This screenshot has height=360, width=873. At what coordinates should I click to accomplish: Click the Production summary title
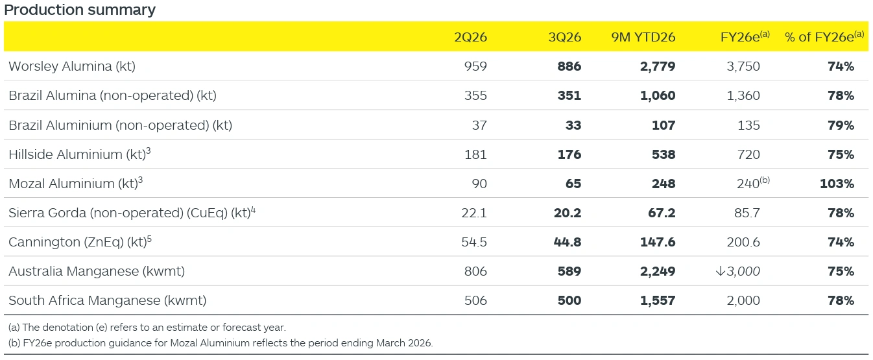[80, 10]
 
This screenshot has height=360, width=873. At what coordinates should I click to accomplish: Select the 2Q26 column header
[470, 37]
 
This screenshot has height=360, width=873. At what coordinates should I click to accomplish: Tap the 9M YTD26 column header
[643, 37]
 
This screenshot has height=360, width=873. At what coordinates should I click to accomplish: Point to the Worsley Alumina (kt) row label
[72, 66]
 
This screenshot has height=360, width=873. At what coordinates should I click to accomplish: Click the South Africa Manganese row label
[107, 300]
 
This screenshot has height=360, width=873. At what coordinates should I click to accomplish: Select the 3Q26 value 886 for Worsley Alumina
[569, 66]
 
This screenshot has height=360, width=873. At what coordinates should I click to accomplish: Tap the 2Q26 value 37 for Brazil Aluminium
[479, 125]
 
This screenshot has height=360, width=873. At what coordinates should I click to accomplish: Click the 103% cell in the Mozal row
[837, 184]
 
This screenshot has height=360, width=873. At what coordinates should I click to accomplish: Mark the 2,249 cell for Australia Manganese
[658, 271]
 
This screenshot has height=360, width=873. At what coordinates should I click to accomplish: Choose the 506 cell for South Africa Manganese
[475, 300]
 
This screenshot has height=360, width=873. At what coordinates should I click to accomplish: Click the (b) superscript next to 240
[765, 181]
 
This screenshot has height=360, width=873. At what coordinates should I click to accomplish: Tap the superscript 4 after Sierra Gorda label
[253, 210]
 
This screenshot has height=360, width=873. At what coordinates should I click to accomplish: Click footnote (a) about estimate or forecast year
[147, 328]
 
